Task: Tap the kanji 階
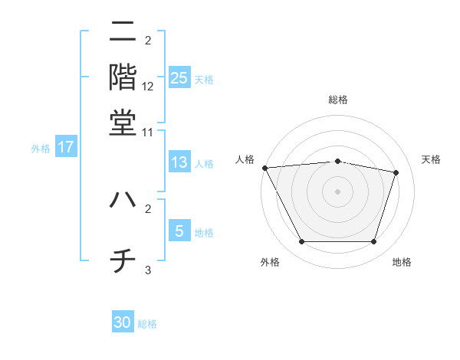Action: pos(123,77)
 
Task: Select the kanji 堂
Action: pos(123,123)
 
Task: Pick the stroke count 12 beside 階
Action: pos(148,87)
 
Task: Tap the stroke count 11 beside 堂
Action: pos(148,133)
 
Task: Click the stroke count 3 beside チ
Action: pos(148,270)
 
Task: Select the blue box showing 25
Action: pos(179,77)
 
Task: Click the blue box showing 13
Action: pos(179,162)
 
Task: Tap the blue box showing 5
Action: pos(179,231)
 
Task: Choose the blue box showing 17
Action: pos(66,147)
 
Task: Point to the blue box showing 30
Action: pos(123,322)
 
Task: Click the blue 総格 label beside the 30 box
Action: pos(148,324)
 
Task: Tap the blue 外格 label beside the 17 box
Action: pos(41,149)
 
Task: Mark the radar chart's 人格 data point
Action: pos(264,168)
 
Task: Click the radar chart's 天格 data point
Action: pos(396,172)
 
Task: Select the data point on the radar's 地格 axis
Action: pos(374,242)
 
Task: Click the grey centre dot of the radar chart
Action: pos(337,191)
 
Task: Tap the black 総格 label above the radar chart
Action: pos(337,100)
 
